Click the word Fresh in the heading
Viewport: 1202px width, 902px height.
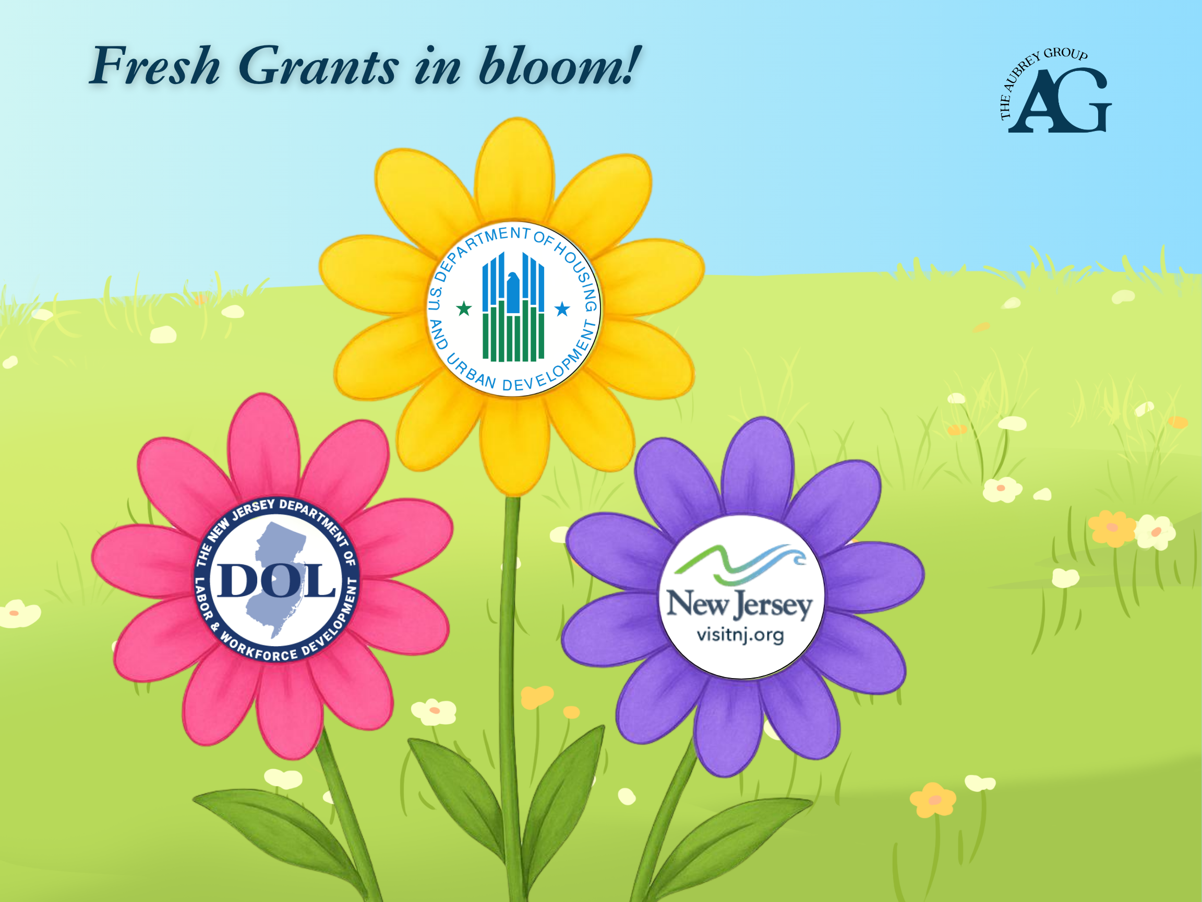155,66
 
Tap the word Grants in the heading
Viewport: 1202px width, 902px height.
318,67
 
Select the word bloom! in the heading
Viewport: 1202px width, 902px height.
560,66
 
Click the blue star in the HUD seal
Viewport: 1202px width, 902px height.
562,310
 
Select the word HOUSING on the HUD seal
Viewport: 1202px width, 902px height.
579,275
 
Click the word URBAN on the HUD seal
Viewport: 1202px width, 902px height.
471,372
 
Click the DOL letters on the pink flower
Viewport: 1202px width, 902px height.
276,580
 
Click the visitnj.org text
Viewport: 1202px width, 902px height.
740,635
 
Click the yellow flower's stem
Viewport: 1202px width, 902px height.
511,652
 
